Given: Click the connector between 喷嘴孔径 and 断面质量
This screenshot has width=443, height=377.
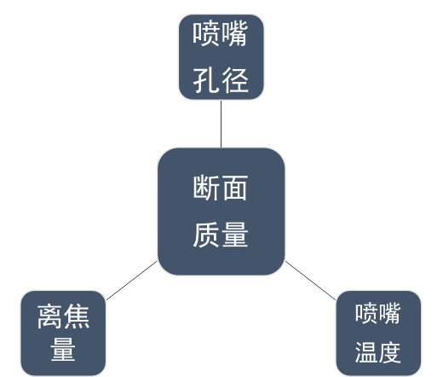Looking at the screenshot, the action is [221, 124].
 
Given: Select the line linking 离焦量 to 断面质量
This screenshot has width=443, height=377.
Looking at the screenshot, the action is [131, 281].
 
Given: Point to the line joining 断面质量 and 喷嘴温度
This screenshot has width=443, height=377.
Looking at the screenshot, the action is [310, 281].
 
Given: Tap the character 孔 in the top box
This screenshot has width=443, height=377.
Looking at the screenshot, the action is [207, 80].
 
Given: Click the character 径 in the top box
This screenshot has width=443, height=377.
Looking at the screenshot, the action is [235, 80].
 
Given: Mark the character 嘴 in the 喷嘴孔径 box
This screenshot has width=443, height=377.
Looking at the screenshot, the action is [234, 34].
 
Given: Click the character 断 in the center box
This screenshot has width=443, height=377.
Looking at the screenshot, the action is [207, 188].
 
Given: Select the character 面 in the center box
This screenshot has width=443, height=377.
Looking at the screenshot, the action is [235, 188].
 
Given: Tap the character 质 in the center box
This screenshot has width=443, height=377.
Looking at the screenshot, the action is [207, 235].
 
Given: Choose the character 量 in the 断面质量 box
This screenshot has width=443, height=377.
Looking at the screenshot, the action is [235, 235].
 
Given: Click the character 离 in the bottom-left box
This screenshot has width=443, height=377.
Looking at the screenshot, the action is [49, 316].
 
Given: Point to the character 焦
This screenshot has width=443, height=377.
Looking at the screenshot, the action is [77, 316].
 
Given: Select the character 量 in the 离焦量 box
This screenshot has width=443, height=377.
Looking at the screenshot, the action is [63, 350].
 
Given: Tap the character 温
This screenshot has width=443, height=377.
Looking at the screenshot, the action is [366, 352].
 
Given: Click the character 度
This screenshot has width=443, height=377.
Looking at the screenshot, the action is [389, 352].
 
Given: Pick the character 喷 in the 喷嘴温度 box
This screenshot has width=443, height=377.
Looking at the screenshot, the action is [366, 313].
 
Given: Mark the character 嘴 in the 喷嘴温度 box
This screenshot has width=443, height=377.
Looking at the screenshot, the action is [389, 313].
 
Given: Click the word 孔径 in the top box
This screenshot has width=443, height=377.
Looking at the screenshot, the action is [221, 80].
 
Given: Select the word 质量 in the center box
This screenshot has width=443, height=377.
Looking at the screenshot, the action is [221, 235].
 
